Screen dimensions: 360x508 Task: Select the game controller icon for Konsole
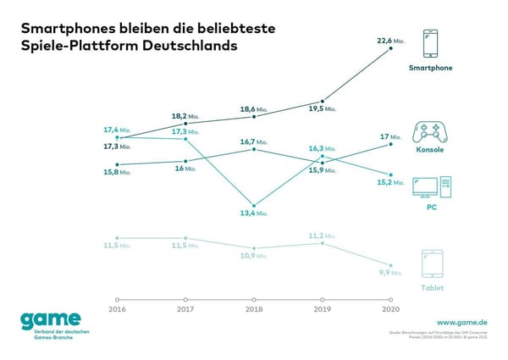(x=429, y=131)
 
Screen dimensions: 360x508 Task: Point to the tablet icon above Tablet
(x=431, y=263)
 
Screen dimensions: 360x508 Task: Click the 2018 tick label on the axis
(x=254, y=310)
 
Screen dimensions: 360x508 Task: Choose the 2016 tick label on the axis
(x=117, y=310)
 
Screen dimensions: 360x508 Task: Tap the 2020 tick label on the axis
(x=390, y=310)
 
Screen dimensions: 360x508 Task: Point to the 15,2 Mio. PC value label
(x=389, y=182)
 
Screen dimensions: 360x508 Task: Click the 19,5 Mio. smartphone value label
(x=322, y=109)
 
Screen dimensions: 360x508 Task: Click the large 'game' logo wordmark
(x=52, y=320)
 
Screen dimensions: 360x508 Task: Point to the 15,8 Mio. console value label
(x=115, y=172)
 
